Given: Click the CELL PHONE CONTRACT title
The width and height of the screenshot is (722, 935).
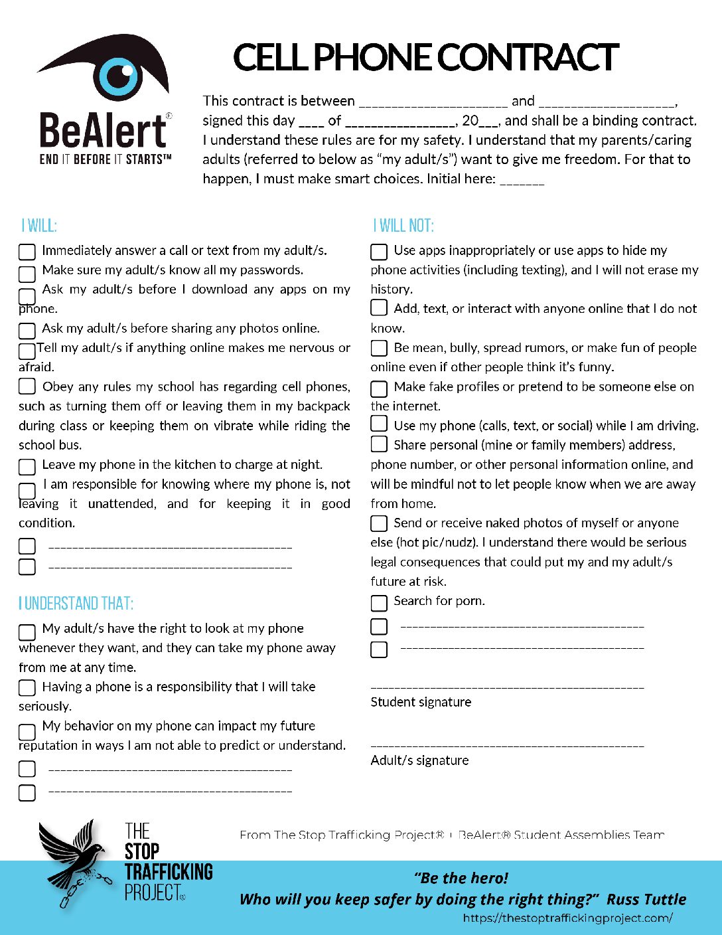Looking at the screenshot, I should tap(426, 57).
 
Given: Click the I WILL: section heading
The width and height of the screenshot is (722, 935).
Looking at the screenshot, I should tap(39, 226).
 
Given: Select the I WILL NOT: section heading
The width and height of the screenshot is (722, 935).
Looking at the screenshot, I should tap(403, 226).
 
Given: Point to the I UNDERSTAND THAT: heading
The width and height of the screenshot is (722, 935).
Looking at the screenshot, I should tap(76, 604).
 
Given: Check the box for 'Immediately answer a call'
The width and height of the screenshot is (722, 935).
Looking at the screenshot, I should tap(27, 252).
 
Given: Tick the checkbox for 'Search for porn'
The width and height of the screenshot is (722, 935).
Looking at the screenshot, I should tap(379, 602).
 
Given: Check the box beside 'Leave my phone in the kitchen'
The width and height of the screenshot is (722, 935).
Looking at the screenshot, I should tap(27, 466).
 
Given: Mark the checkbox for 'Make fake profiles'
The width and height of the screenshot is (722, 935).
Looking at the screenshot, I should tap(379, 388).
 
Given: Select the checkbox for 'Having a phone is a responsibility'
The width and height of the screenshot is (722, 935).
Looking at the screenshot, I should tap(27, 687).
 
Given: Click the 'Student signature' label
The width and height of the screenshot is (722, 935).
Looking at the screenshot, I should tap(421, 702).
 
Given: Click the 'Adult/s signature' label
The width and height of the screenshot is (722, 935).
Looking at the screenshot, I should tap(419, 760).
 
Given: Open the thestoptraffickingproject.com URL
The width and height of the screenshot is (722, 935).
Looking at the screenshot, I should tap(567, 918).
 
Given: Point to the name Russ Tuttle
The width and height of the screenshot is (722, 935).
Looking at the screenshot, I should tap(646, 899).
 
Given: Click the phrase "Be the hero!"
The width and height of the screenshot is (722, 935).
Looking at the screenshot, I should tap(461, 878).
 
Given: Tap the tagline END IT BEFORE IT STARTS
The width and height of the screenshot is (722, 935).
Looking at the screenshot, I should tap(106, 159).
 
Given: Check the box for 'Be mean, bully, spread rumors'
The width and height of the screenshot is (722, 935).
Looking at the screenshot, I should tap(379, 348).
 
